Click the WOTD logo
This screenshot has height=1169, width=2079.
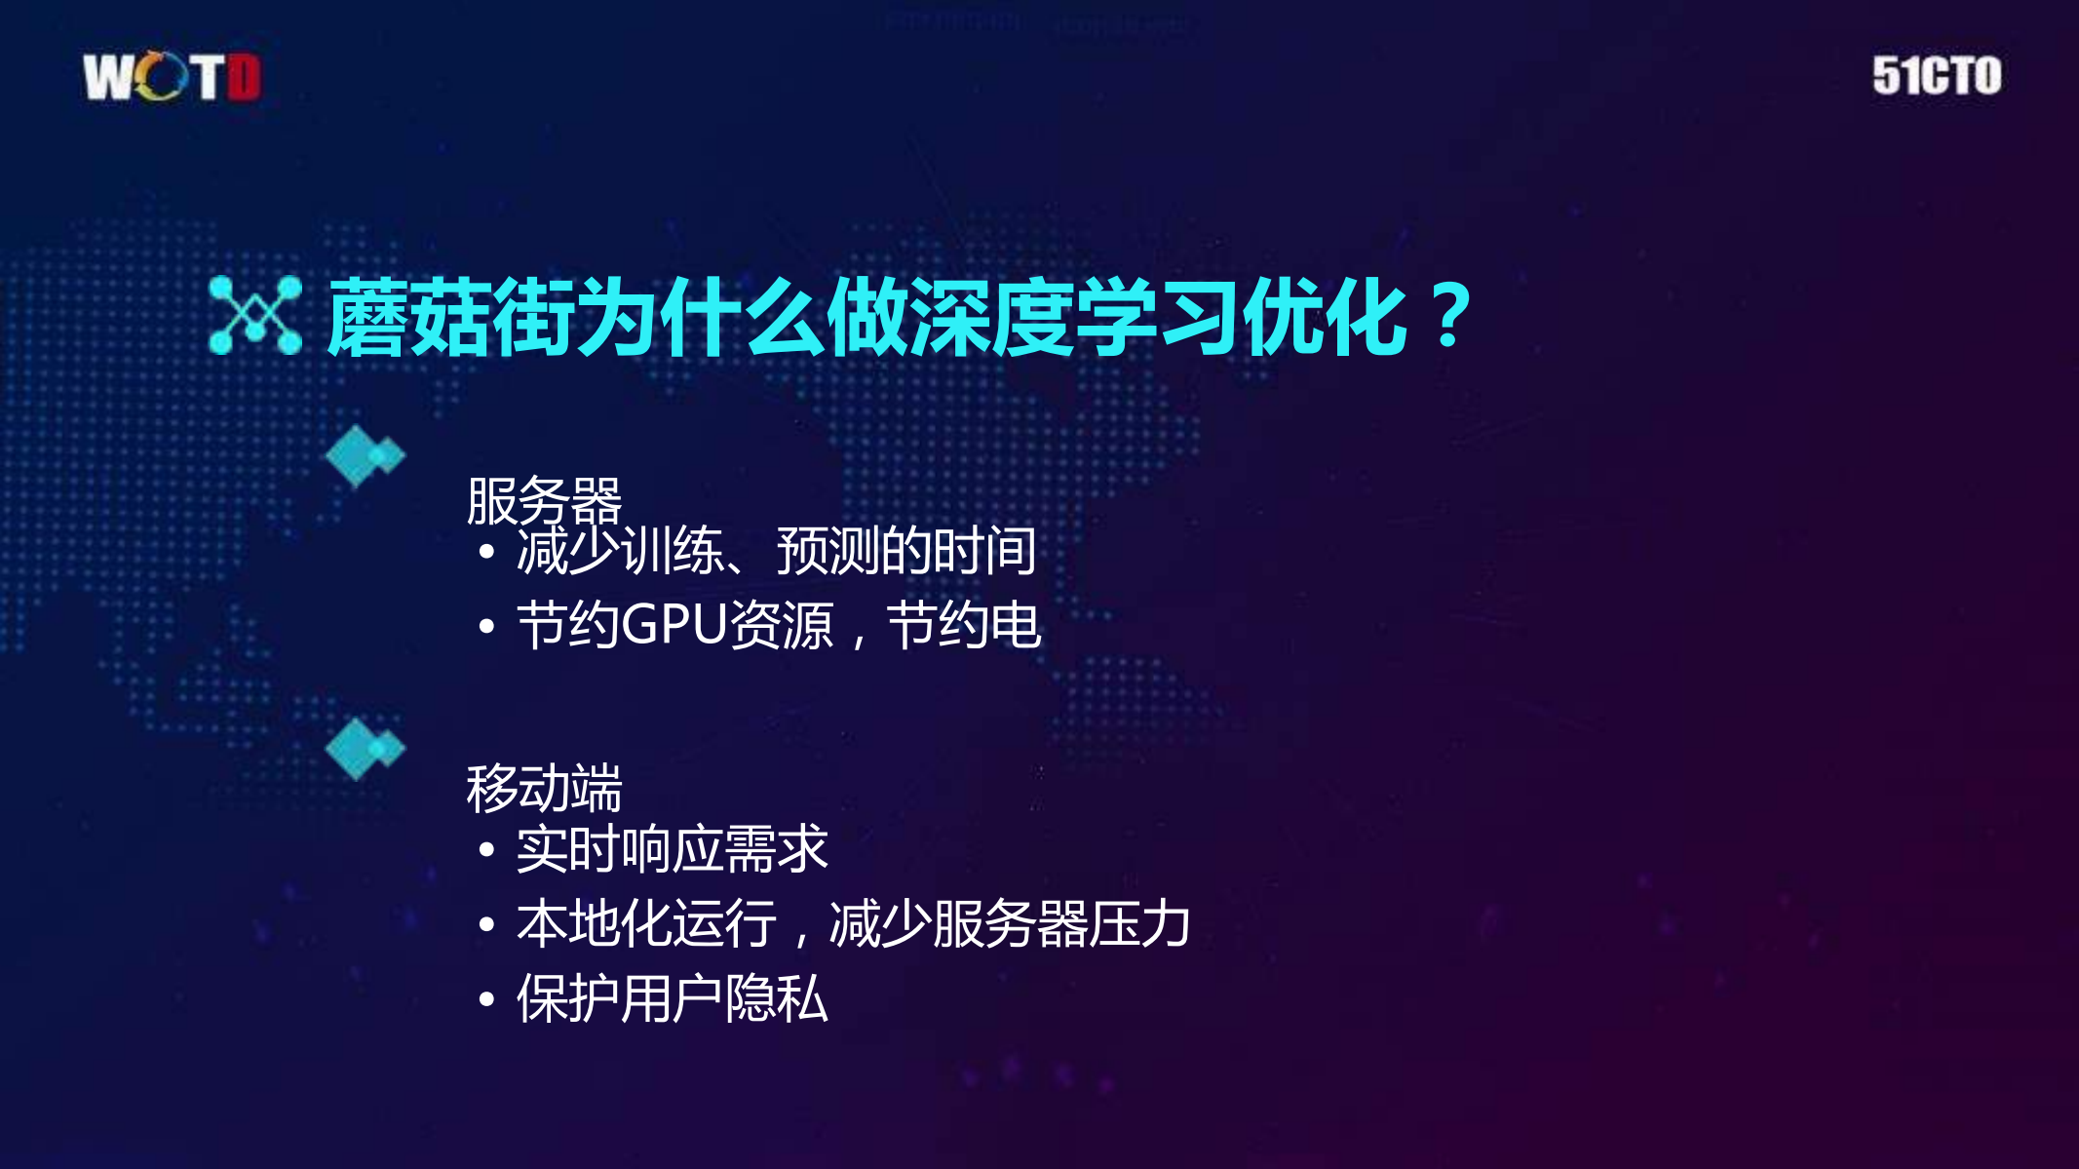coord(172,77)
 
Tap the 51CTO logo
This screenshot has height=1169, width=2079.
coord(1937,76)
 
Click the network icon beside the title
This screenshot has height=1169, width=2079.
coord(255,315)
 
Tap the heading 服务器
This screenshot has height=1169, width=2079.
coord(544,501)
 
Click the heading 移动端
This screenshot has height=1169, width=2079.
coord(544,788)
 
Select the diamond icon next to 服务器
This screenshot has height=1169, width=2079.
coord(364,455)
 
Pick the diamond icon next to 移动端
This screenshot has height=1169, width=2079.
coord(364,748)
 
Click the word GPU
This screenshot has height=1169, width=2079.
coord(674,624)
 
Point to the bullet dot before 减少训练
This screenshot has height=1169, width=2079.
coord(487,553)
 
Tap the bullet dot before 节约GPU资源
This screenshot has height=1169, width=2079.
coord(487,626)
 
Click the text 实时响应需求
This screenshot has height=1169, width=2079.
coord(672,848)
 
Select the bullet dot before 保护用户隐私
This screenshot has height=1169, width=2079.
coord(487,999)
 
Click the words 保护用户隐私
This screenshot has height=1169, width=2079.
coord(672,998)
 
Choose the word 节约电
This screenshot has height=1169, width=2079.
coord(963,624)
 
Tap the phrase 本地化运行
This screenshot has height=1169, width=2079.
coord(646,923)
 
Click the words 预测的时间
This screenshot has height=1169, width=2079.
coord(905,551)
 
